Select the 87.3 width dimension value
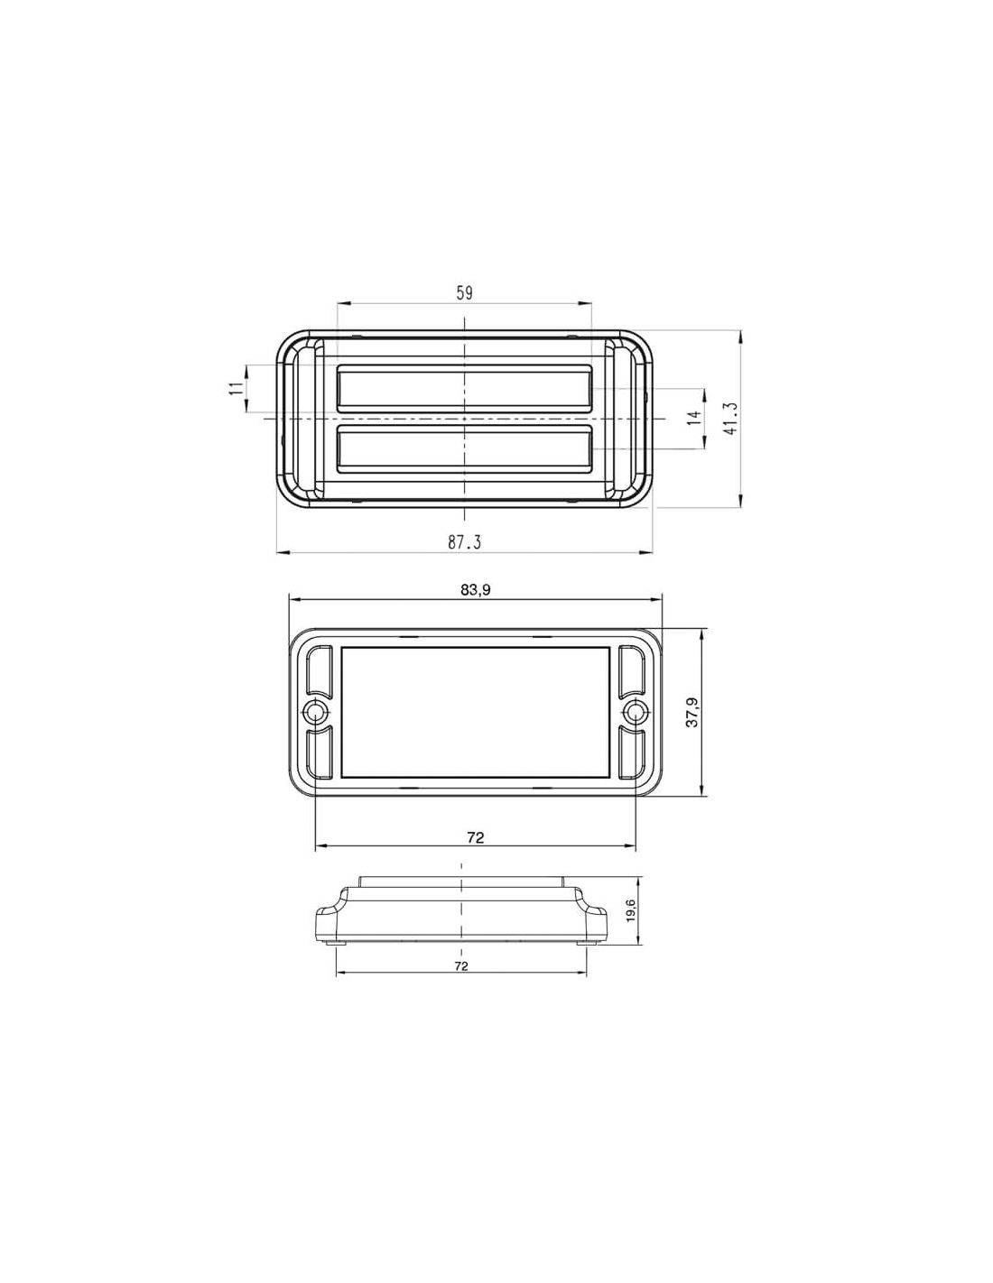point(464,542)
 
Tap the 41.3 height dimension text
point(730,420)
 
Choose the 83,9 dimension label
point(476,589)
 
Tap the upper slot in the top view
point(464,388)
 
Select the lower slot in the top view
point(464,449)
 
